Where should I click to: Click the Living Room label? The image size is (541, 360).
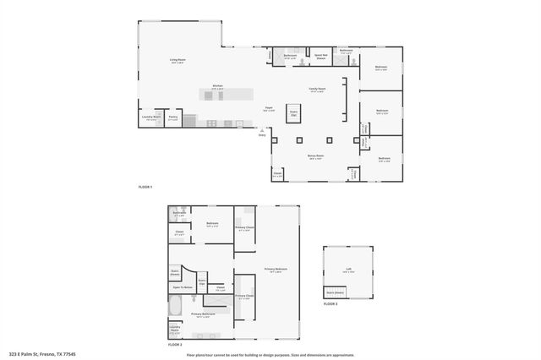[178, 60]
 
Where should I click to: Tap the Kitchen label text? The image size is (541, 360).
[217, 86]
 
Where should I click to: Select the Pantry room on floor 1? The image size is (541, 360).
[172, 119]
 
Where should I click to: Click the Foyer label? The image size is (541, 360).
[268, 108]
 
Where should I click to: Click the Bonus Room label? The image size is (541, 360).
[315, 156]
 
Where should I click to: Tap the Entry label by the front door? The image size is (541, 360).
[262, 135]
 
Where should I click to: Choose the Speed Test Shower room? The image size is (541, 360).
[320, 57]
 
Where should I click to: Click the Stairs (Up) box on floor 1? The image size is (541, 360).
[294, 112]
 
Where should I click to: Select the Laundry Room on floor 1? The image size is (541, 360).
[151, 118]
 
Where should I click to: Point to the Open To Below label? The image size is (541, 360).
[183, 288]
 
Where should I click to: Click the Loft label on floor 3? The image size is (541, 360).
[347, 270]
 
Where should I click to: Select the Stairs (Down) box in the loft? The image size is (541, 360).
[335, 293]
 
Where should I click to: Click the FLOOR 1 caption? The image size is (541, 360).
[146, 186]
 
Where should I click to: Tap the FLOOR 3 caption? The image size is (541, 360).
[331, 303]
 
